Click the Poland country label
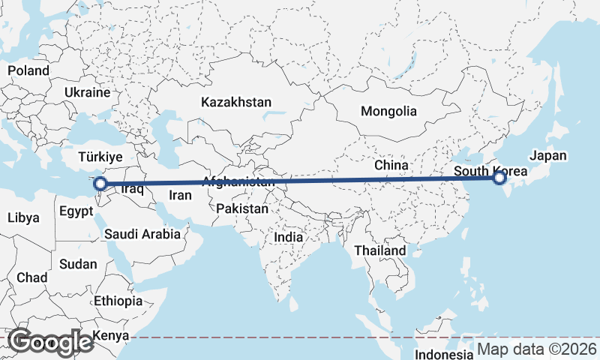28,70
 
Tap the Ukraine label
88,92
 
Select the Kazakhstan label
235,102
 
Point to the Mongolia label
388,111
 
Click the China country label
391,164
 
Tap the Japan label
548,156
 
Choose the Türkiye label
100,157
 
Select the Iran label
181,195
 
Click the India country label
288,236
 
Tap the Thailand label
380,250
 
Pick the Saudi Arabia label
142,234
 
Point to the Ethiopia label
118,301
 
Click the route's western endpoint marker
100,183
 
